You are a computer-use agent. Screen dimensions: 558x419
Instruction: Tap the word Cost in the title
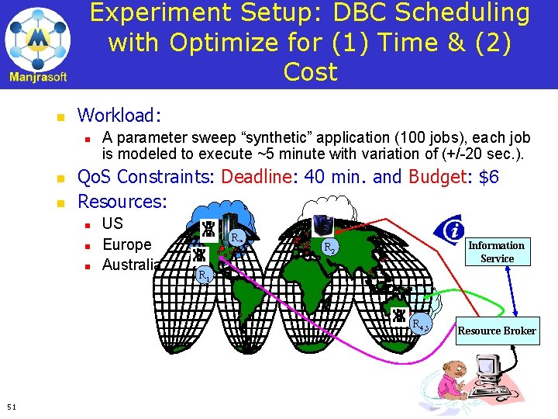pyautogui.click(x=310, y=71)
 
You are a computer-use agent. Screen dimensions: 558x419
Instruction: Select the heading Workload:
pyautogui.click(x=119, y=116)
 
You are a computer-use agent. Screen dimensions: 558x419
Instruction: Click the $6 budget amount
pyautogui.click(x=489, y=177)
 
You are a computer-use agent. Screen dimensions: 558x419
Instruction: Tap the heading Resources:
pyautogui.click(x=122, y=202)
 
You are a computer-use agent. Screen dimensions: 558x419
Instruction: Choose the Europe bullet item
pyautogui.click(x=127, y=244)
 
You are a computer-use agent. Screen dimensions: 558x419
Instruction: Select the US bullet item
pyautogui.click(x=112, y=224)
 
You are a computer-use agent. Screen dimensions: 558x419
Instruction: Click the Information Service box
pyautogui.click(x=497, y=251)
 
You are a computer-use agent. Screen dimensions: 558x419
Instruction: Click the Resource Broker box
pyautogui.click(x=497, y=331)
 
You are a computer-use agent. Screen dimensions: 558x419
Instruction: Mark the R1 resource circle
pyautogui.click(x=204, y=275)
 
